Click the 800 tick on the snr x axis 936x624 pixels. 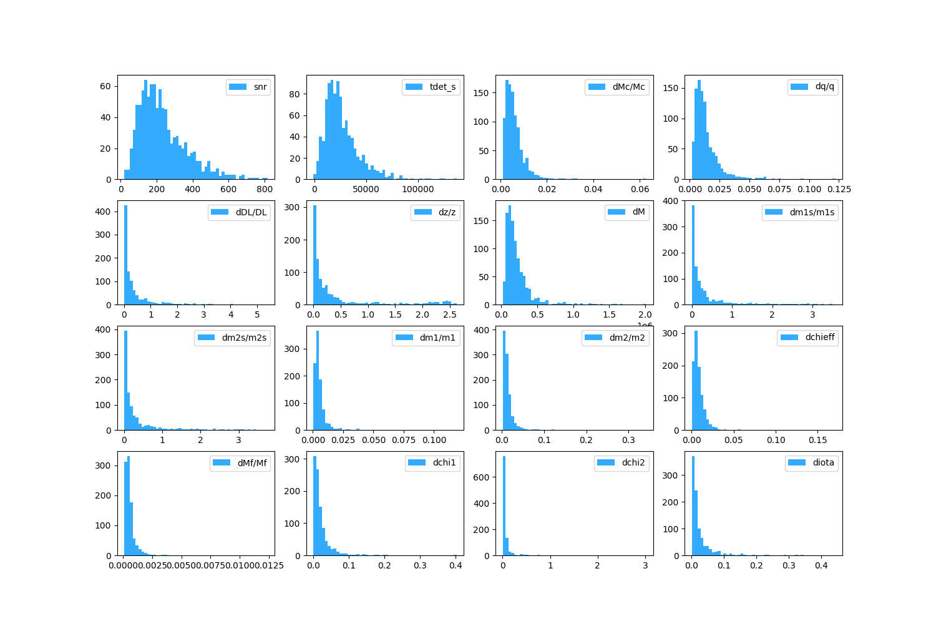265,189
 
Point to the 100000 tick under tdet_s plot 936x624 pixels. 417,189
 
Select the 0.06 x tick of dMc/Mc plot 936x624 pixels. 640,189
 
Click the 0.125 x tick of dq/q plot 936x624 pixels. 839,189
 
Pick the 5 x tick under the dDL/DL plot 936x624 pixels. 257,314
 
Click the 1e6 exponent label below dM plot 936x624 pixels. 645,325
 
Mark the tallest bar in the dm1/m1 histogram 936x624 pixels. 318,381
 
